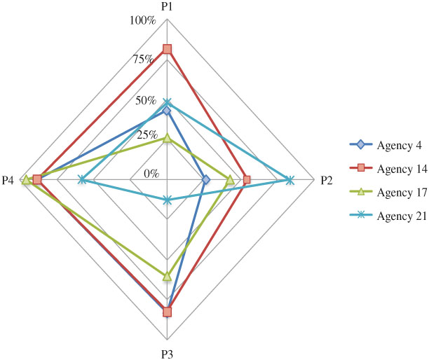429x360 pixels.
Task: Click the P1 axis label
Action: pyautogui.click(x=167, y=6)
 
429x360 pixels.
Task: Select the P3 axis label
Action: pyautogui.click(x=167, y=354)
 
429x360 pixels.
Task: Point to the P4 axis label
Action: pyautogui.click(x=8, y=181)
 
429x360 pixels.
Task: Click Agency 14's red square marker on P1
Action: pyautogui.click(x=167, y=49)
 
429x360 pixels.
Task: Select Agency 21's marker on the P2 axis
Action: pyautogui.click(x=290, y=180)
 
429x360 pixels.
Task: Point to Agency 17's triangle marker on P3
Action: pyautogui.click(x=167, y=277)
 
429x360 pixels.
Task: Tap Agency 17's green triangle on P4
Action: pyautogui.click(x=26, y=180)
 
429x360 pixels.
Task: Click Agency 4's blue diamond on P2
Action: pyautogui.click(x=205, y=180)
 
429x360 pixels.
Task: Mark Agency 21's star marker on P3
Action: pyautogui.click(x=167, y=200)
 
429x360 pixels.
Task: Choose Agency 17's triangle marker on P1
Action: pyautogui.click(x=167, y=139)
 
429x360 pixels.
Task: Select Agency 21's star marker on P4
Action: pyautogui.click(x=82, y=180)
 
